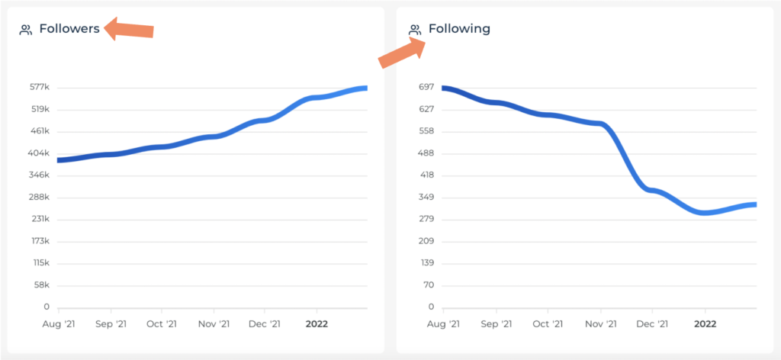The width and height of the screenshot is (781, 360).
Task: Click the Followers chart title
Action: (x=69, y=29)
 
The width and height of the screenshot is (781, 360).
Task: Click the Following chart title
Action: (x=459, y=29)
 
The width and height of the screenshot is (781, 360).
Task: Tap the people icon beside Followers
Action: (x=26, y=30)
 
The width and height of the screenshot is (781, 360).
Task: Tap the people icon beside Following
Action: (x=416, y=30)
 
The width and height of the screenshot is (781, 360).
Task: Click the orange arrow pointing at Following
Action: (x=402, y=52)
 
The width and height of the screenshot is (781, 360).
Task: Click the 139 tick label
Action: (x=427, y=263)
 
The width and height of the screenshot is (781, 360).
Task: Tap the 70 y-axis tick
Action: (x=429, y=285)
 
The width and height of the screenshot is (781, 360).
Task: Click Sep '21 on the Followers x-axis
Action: (x=111, y=323)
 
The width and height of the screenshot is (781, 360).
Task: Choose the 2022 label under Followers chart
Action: (x=317, y=323)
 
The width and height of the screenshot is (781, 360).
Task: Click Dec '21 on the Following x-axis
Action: (x=653, y=323)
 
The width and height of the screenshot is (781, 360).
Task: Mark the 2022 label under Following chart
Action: (x=705, y=323)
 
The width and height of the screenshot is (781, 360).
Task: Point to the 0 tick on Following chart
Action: (x=431, y=307)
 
